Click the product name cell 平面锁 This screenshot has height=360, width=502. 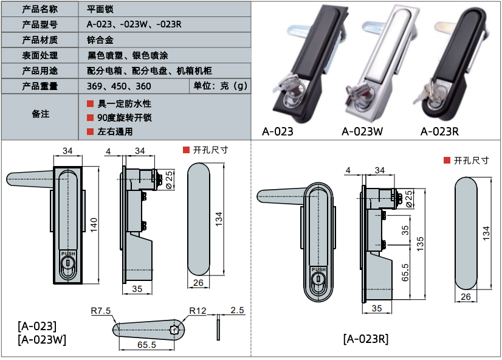click(100, 9)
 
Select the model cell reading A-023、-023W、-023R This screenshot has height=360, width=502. click(134, 24)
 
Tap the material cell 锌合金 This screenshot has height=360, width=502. click(100, 40)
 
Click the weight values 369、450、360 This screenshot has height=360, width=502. click(119, 86)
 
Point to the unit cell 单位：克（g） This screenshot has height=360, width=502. click(220, 86)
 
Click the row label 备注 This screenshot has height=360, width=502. click(40, 114)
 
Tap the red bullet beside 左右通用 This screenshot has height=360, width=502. click(90, 131)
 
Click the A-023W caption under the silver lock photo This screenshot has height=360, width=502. click(362, 131)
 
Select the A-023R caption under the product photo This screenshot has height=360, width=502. click(439, 131)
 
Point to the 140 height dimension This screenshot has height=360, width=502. click(94, 225)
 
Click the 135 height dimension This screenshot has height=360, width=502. click(420, 244)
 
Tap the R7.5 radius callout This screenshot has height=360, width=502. click(100, 311)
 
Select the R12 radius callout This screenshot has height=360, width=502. click(198, 311)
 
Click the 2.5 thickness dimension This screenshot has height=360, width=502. click(237, 310)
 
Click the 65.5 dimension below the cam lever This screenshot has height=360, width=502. click(146, 345)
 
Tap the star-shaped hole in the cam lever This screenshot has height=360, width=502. click(175, 329)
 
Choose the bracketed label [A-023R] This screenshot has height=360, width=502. click(366, 339)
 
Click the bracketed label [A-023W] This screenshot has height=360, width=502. click(42, 339)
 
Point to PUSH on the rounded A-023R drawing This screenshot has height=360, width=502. click(318, 269)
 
